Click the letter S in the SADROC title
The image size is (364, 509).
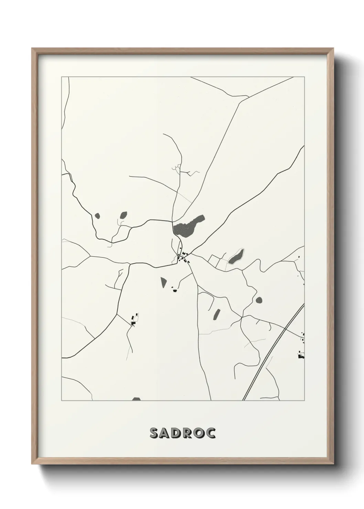153,433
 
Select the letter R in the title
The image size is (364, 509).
188,433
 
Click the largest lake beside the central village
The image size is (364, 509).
188,226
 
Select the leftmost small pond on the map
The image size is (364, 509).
97,216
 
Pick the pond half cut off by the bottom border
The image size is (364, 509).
137,399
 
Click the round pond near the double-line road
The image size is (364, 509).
258,300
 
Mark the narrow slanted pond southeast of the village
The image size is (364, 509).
217,314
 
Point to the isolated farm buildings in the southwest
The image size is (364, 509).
134,320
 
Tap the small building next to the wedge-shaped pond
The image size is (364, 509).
174,291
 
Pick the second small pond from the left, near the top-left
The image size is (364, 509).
123,215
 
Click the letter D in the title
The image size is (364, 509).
175,433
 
